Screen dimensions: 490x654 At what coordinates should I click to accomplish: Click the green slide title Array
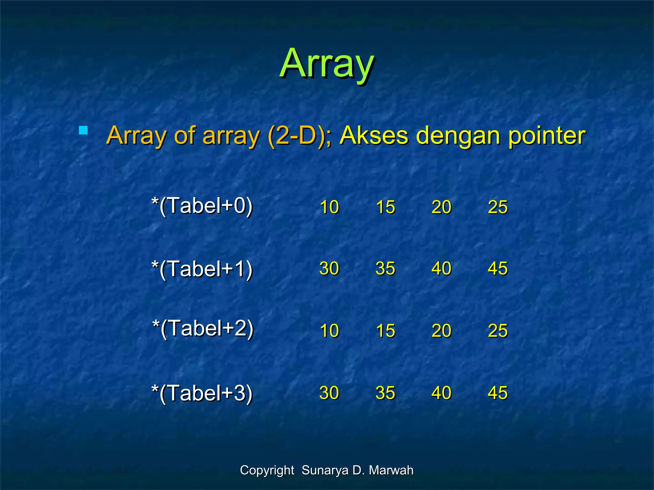tap(327, 64)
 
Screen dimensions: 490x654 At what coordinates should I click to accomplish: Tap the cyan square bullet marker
tap(83, 130)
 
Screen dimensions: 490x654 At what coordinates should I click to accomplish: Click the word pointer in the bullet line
tap(546, 136)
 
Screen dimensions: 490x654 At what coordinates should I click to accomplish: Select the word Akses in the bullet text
tap(374, 135)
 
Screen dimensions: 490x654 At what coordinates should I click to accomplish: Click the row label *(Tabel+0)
tap(202, 206)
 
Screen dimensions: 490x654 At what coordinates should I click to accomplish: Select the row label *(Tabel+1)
tap(202, 269)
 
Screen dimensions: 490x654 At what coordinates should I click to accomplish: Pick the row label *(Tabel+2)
tap(203, 328)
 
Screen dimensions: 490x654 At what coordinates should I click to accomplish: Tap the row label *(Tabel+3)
tap(202, 393)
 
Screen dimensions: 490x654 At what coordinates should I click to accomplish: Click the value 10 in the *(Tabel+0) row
tap(329, 207)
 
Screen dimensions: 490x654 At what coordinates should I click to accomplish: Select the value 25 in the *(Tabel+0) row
tap(498, 207)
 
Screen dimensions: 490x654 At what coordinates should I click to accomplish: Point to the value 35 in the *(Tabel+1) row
tap(385, 268)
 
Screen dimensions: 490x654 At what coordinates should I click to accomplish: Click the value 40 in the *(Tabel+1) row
tap(441, 268)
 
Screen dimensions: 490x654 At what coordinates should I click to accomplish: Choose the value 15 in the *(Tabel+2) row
tap(385, 330)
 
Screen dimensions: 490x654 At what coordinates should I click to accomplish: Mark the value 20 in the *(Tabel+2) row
tap(441, 330)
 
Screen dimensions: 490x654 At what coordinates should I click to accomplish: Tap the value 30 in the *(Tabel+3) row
tap(329, 393)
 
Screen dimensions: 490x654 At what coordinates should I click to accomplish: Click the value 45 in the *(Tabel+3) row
tap(498, 393)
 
